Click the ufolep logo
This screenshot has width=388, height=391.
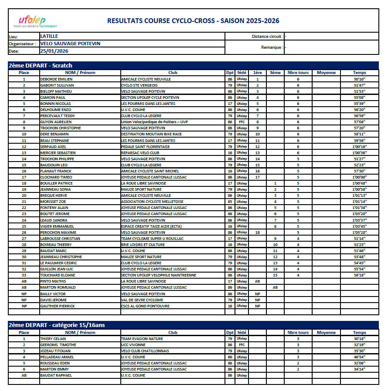(x=31, y=21)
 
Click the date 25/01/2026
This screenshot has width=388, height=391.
(x=54, y=51)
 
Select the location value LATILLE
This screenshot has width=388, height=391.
(x=49, y=36)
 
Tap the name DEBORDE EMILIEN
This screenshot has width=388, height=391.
(x=56, y=79)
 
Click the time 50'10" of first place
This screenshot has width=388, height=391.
(x=359, y=79)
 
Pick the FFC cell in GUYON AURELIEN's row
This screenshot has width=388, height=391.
(x=242, y=122)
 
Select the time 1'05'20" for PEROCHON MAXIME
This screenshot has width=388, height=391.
(x=359, y=233)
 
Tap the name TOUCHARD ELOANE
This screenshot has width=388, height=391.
(x=57, y=275)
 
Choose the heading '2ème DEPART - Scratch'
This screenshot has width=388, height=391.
(x=41, y=65)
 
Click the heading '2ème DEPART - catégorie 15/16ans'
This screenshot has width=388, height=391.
(x=57, y=325)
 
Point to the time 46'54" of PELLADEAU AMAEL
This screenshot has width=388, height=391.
(x=359, y=357)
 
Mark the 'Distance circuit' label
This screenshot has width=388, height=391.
(x=267, y=37)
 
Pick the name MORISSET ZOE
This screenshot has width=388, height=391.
(x=53, y=202)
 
